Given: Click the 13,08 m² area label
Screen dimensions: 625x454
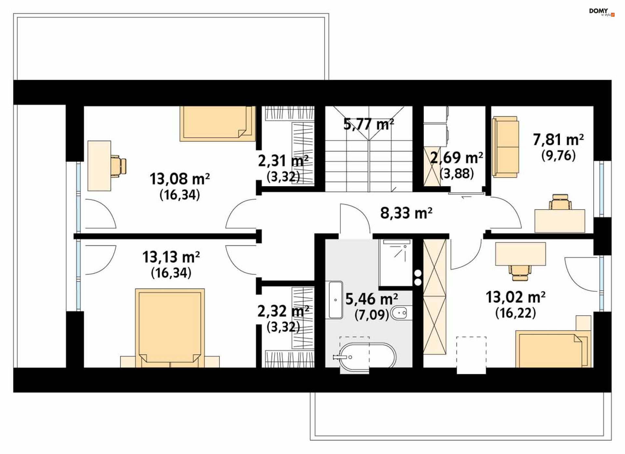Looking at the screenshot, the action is [x=180, y=179].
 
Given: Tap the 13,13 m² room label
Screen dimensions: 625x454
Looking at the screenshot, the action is [x=171, y=257].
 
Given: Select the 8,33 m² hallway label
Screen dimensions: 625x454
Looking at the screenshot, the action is [x=406, y=213].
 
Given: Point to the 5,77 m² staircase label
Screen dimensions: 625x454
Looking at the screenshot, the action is [x=369, y=124].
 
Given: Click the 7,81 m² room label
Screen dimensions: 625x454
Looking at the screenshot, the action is [x=558, y=140].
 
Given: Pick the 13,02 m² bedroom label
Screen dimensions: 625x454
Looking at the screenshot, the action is [x=516, y=297].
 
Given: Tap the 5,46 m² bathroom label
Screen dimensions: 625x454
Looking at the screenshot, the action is [x=372, y=299].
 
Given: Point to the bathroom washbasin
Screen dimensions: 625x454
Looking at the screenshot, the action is [x=336, y=300].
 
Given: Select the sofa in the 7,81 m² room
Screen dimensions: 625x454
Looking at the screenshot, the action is [x=505, y=147].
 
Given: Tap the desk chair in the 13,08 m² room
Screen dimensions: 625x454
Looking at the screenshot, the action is [x=118, y=166].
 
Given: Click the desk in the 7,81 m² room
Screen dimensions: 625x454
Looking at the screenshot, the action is [x=560, y=221].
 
